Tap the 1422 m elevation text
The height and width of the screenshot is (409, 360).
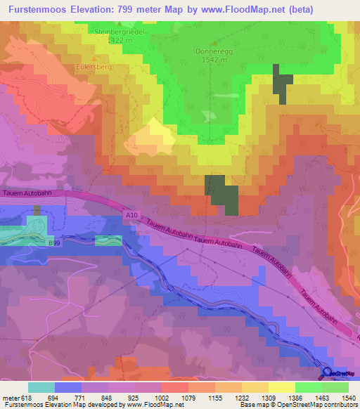[x=118, y=41]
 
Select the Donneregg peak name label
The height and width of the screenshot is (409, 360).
[x=212, y=51]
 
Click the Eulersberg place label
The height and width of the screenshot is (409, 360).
[x=94, y=67]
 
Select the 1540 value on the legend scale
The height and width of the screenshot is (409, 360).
[x=349, y=397]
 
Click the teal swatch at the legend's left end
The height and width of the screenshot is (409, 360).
[x=41, y=387]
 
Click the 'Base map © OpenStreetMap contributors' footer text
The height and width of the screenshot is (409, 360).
[x=298, y=405]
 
